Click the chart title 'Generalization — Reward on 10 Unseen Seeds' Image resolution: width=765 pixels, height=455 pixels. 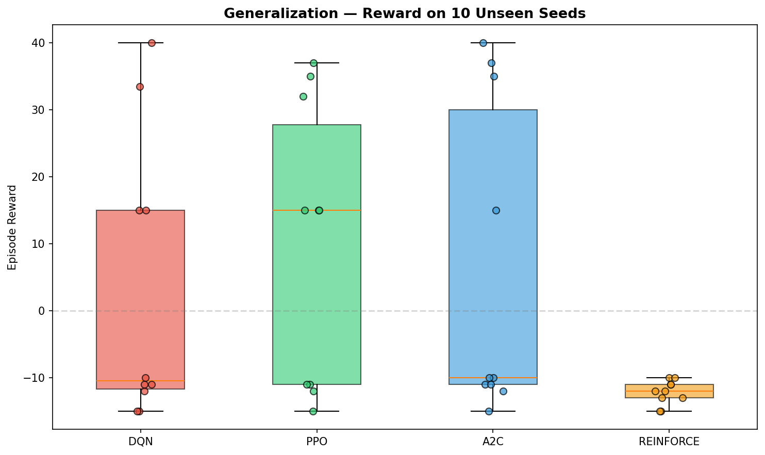coord(405,14)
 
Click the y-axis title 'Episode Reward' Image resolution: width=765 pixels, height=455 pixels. coord(12,227)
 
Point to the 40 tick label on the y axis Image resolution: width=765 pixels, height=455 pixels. coord(39,43)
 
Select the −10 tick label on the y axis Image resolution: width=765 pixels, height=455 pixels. coord(36,378)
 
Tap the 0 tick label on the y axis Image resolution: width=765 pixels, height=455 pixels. coord(42,311)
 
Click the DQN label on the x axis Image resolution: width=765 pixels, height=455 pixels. coord(141,442)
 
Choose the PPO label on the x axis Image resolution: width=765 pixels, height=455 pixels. coord(317,442)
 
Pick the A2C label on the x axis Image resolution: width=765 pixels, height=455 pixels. coord(493,442)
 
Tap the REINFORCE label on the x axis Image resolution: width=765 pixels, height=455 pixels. coord(669,442)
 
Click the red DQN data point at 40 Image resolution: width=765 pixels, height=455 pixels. coord(152,43)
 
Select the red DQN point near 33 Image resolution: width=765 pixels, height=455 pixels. coord(140,87)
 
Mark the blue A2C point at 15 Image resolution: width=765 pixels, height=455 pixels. coord(496,210)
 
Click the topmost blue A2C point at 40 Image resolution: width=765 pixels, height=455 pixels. coord(483,43)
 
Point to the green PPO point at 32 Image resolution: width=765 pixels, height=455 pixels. coord(303,96)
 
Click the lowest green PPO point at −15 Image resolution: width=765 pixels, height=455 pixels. coord(313,411)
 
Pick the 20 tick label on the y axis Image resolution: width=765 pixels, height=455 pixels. coord(39,177)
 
